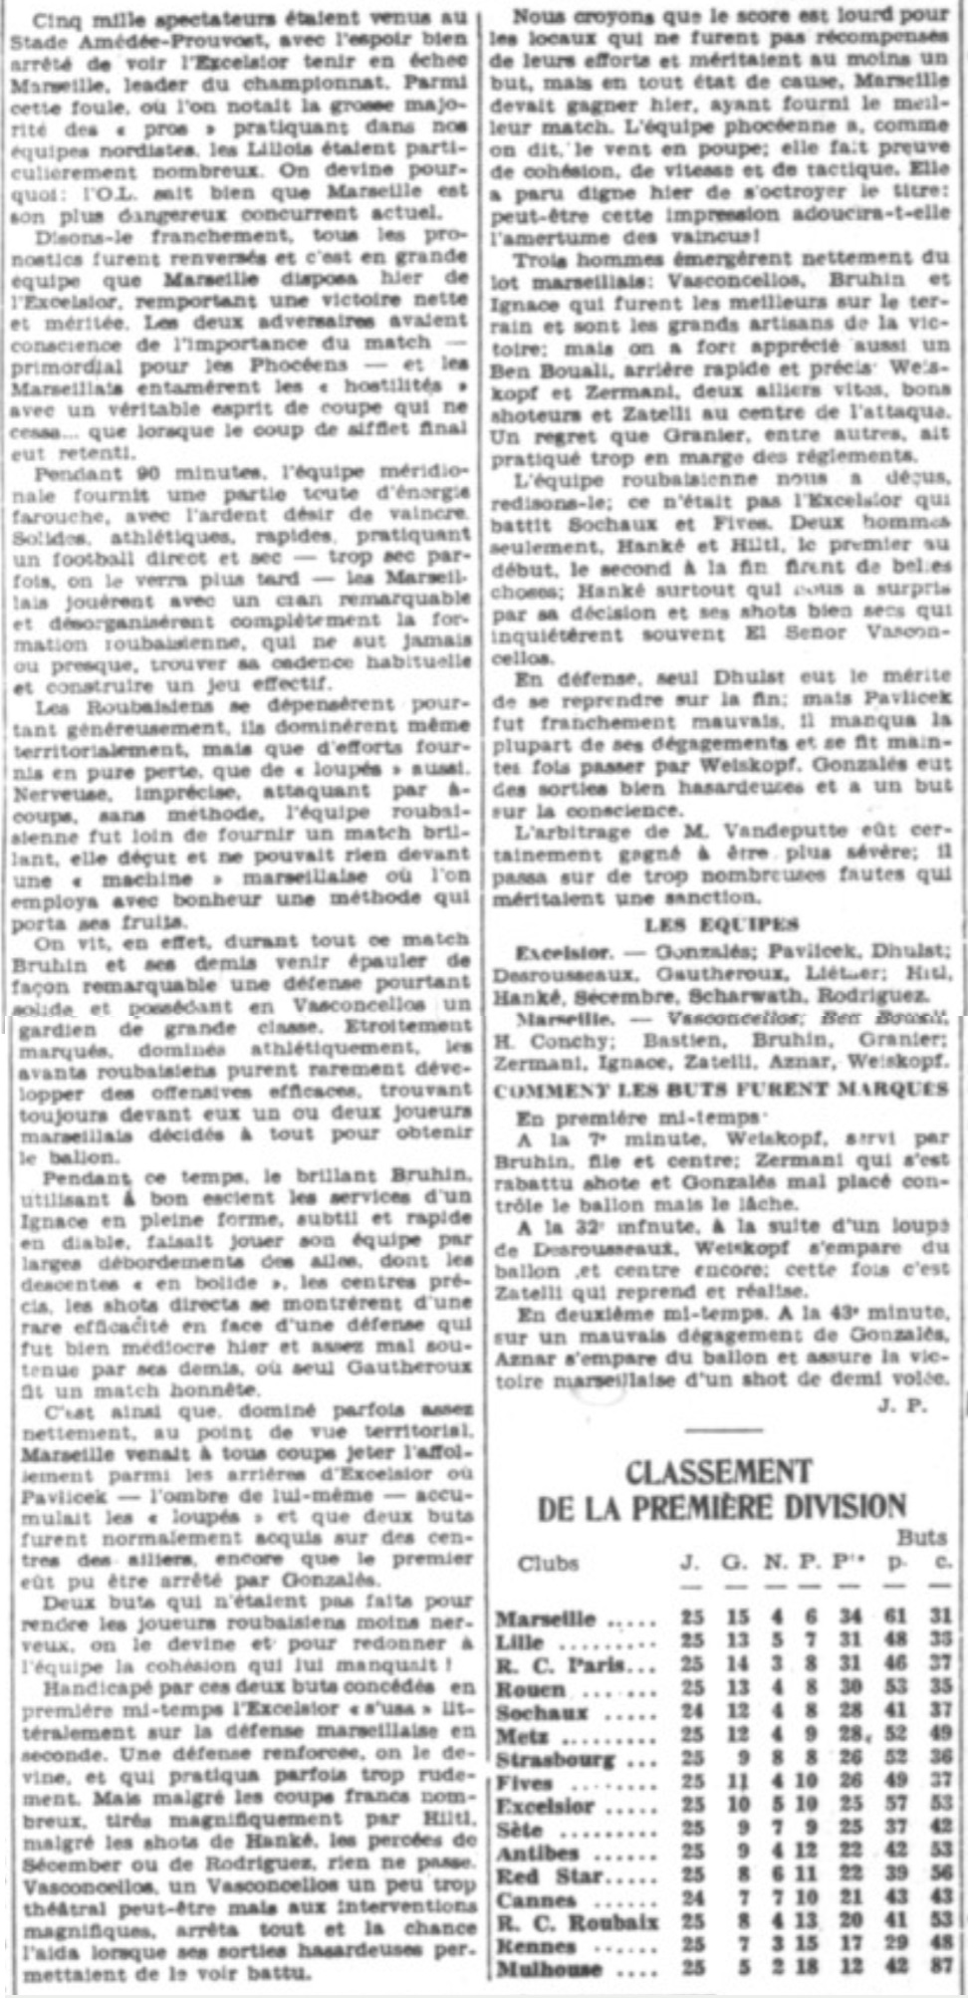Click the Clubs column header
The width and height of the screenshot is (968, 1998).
547,1562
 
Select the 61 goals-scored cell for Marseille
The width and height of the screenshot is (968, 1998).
894,1620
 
